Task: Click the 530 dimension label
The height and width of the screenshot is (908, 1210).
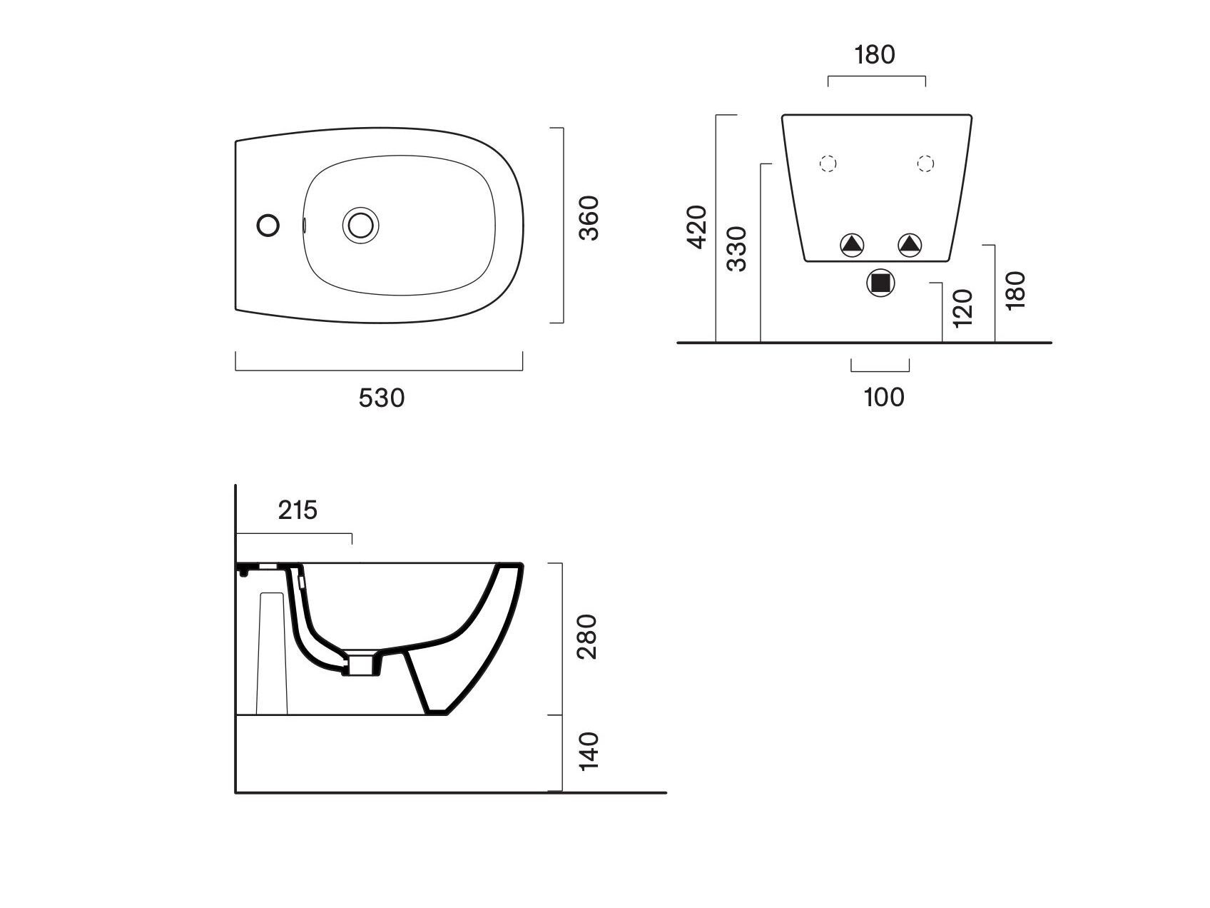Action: click(382, 398)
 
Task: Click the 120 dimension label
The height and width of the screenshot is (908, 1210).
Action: click(962, 308)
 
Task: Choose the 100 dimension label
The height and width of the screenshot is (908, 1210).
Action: click(884, 397)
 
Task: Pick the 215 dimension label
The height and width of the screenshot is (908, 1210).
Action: click(298, 510)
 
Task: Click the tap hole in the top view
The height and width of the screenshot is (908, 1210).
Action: click(268, 225)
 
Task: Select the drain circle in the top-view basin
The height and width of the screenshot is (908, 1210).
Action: click(360, 225)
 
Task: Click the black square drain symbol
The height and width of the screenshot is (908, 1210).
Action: click(881, 283)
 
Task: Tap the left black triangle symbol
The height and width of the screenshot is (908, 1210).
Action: click(852, 246)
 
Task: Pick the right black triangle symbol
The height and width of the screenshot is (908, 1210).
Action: click(910, 246)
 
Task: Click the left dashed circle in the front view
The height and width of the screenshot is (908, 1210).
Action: click(828, 164)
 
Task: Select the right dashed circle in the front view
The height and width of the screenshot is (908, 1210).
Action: click(925, 164)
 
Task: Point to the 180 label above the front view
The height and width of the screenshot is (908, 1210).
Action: click(875, 54)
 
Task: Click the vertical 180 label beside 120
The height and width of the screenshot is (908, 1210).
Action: click(1014, 290)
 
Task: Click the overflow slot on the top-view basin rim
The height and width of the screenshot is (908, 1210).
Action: click(305, 225)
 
